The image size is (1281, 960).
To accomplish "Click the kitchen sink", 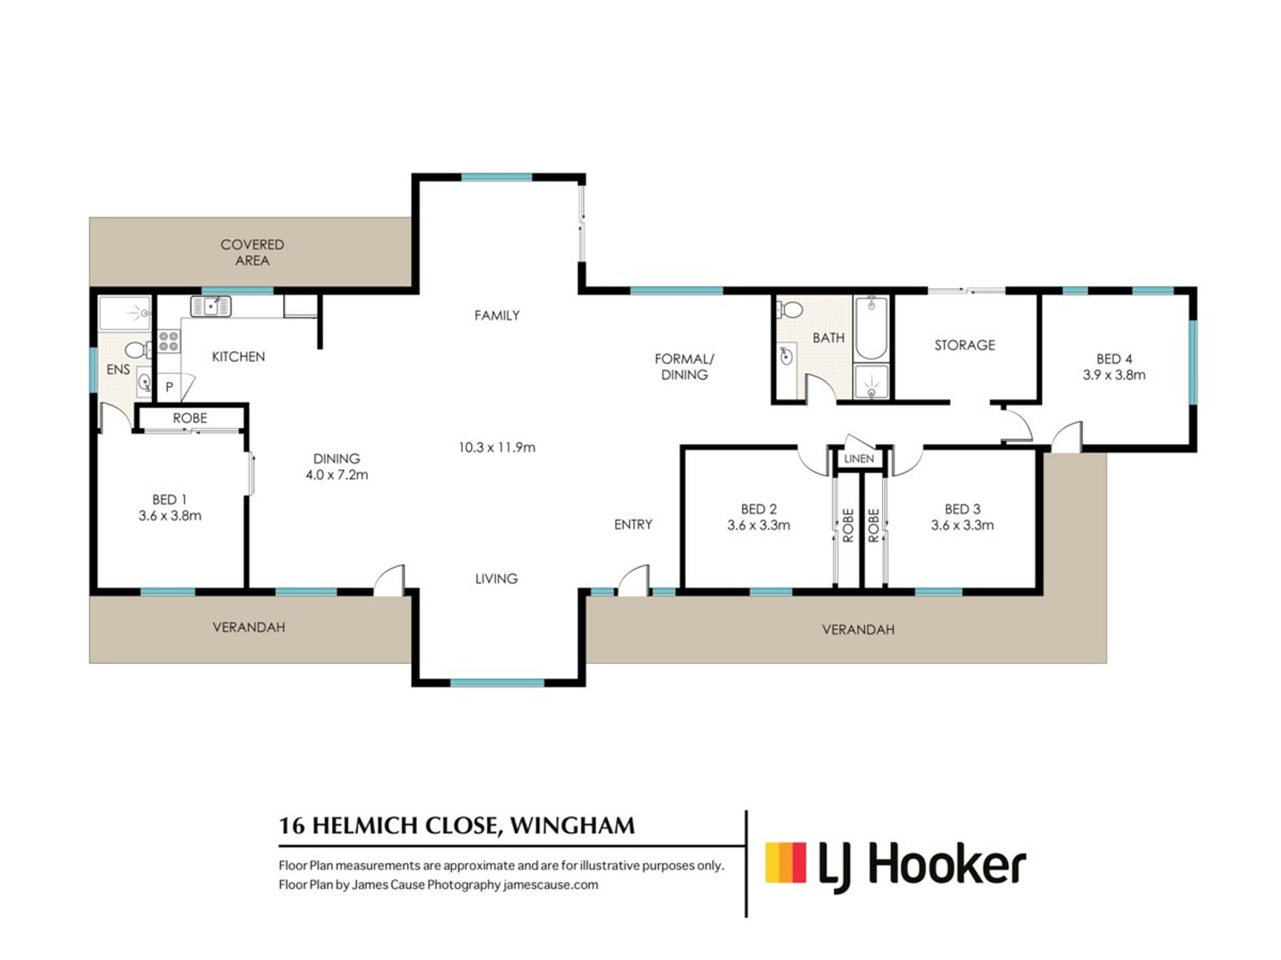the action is pyautogui.click(x=211, y=306).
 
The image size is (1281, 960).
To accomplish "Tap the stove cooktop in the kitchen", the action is pyautogui.click(x=169, y=341).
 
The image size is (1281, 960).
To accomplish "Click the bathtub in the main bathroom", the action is pyautogui.click(x=871, y=329).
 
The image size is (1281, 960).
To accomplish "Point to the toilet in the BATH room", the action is pyautogui.click(x=791, y=309).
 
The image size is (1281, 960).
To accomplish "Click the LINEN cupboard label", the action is pyautogui.click(x=859, y=459).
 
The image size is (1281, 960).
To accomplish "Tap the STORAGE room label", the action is pyautogui.click(x=965, y=345).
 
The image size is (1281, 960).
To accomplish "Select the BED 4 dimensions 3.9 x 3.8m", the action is pyautogui.click(x=1114, y=375).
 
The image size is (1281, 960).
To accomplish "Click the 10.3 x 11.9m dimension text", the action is pyautogui.click(x=497, y=447).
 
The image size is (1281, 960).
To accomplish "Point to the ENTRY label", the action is pyautogui.click(x=633, y=525).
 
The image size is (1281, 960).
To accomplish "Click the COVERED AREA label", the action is pyautogui.click(x=252, y=253).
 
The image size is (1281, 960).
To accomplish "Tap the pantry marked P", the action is pyautogui.click(x=169, y=387).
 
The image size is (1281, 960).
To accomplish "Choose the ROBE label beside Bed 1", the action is pyautogui.click(x=190, y=418).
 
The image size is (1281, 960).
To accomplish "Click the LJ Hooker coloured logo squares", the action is pyautogui.click(x=785, y=863).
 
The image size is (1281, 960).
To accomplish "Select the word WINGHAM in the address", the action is pyautogui.click(x=572, y=826).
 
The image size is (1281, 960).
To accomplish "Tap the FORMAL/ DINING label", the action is pyautogui.click(x=685, y=367).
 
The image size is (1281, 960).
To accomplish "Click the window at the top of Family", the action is pyautogui.click(x=497, y=177).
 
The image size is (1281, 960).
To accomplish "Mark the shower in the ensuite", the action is pyautogui.click(x=125, y=313).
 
